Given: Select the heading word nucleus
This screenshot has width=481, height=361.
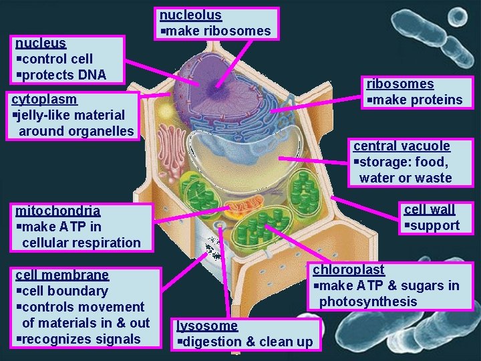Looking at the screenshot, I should (x=41, y=43).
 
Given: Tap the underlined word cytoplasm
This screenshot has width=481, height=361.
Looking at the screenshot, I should (x=44, y=99).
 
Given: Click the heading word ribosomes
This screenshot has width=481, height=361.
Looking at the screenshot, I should (x=399, y=84).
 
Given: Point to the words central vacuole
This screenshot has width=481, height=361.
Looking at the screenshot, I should (x=402, y=146).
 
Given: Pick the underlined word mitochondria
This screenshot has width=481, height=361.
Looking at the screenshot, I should (x=57, y=211).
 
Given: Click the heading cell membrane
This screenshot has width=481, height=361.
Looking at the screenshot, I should (x=62, y=275).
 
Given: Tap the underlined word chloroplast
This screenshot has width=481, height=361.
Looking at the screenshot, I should (x=349, y=269).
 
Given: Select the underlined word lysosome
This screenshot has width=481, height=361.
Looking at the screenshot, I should (x=207, y=326).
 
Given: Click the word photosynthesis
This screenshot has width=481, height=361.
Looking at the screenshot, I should (x=368, y=302).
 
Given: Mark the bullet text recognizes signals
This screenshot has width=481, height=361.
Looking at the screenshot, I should (x=81, y=339).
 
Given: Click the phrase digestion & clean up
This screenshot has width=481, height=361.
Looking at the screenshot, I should (x=247, y=342).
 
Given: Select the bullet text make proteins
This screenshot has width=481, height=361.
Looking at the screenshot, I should (x=418, y=100).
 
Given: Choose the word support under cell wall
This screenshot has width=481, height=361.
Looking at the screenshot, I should (x=435, y=225).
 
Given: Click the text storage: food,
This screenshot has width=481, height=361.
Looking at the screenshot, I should (x=404, y=162).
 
